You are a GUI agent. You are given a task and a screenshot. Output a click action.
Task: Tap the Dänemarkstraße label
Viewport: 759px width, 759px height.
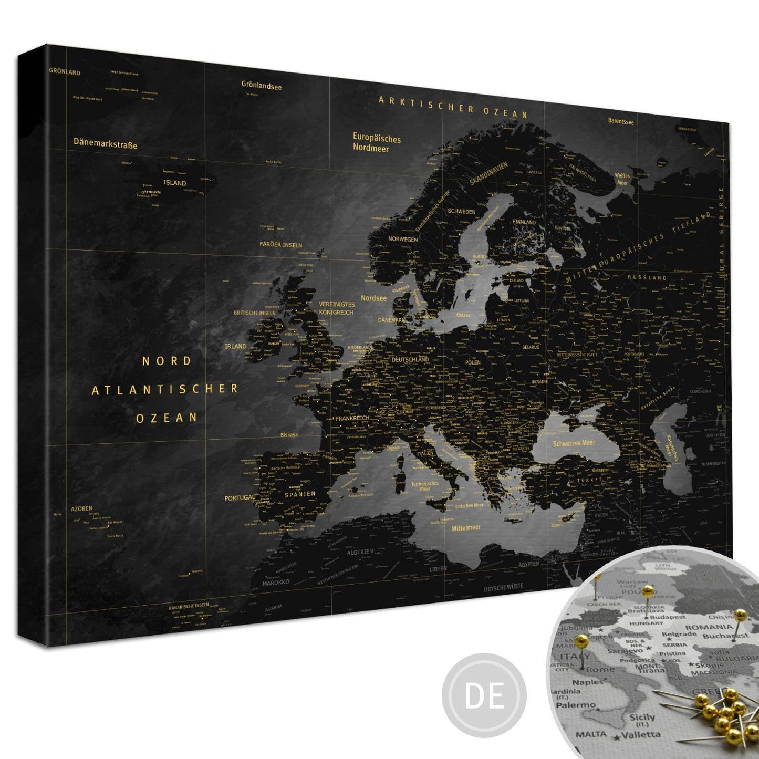(x=105, y=143)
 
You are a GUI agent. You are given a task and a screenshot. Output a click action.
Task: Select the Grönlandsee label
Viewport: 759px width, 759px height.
(x=262, y=85)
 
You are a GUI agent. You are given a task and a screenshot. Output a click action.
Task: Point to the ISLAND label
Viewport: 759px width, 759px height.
(x=174, y=183)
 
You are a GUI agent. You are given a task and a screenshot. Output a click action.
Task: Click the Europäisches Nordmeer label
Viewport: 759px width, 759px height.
(x=376, y=143)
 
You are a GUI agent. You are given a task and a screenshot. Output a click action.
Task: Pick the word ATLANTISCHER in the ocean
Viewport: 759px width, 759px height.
(x=165, y=389)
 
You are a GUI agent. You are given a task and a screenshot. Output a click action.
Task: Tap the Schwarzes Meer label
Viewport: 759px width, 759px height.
(x=574, y=443)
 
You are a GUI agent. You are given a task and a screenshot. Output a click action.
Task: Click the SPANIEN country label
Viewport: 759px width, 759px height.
(x=300, y=494)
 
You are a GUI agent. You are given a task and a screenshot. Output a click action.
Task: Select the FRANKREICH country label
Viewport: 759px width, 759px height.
(x=352, y=418)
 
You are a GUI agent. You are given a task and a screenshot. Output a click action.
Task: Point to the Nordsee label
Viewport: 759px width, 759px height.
(x=373, y=298)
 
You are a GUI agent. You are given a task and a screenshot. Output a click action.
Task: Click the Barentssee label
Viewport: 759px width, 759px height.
(x=621, y=121)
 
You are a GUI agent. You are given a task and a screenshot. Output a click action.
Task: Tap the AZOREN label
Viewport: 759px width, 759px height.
(x=81, y=508)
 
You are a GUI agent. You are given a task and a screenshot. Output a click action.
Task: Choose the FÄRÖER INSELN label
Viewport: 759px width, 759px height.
(x=280, y=245)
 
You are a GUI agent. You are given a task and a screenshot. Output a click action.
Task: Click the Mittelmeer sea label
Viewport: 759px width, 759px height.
(x=466, y=527)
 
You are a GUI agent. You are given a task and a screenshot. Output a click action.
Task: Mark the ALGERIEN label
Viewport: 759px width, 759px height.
(x=360, y=552)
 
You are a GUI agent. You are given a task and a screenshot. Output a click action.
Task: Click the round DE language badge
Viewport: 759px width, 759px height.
(x=484, y=695)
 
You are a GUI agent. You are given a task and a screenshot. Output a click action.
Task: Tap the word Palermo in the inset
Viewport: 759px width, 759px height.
(x=576, y=705)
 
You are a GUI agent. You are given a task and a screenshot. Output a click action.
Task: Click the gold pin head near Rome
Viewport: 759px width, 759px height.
(x=581, y=640)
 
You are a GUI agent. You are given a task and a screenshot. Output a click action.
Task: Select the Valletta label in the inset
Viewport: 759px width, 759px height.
(x=641, y=734)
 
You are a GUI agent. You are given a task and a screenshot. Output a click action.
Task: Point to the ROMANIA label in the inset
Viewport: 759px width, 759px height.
(x=709, y=627)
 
